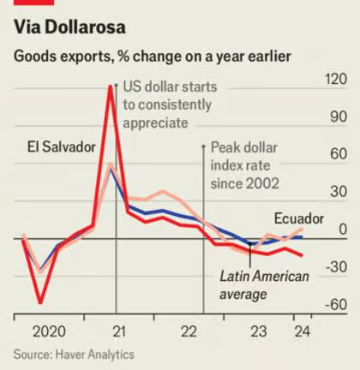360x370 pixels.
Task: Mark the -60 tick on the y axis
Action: (x=335, y=305)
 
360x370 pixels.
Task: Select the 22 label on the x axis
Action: (x=189, y=331)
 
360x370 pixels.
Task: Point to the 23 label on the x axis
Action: (x=257, y=331)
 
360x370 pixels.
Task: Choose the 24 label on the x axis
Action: (x=301, y=331)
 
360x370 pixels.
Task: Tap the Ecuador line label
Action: (x=298, y=219)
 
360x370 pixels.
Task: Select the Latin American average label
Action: (x=255, y=284)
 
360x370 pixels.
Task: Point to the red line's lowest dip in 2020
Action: (x=40, y=301)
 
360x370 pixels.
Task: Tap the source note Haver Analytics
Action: (x=74, y=353)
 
